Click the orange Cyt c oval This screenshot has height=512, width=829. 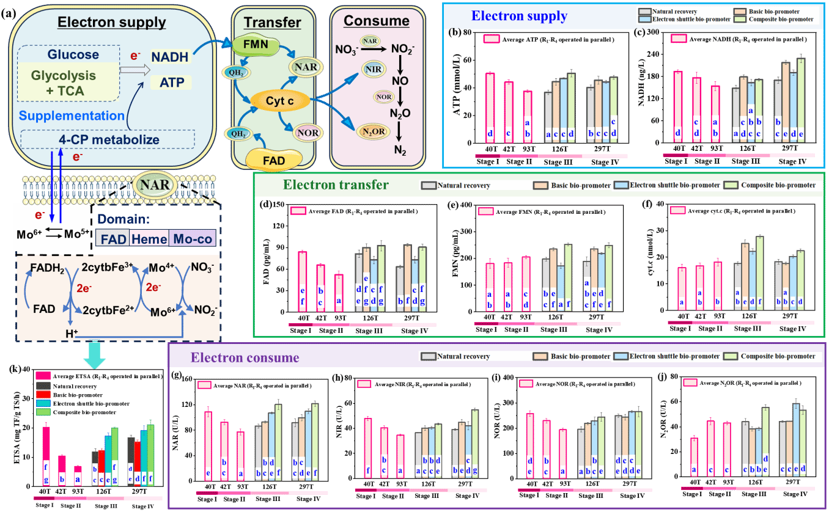coord(279,100)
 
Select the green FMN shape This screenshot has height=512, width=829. coord(256,44)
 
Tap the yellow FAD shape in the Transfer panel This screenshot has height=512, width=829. coord(274,160)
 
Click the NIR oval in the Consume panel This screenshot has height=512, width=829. coord(373,69)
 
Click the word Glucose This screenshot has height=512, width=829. coord(73,54)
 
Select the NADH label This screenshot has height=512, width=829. coord(171,56)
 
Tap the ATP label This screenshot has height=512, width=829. coord(171,82)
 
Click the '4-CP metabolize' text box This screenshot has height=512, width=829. coord(109,140)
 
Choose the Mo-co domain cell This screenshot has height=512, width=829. coord(191,238)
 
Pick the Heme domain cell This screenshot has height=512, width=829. coord(149,238)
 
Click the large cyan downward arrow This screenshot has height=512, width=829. coord(95,355)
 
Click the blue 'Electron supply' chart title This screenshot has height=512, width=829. coord(519,16)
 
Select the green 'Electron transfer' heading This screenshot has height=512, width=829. coord(336,185)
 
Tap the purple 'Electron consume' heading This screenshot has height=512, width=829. coord(245,357)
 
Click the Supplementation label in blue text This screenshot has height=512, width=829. coord(72,115)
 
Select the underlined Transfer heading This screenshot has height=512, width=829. coord(272,23)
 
